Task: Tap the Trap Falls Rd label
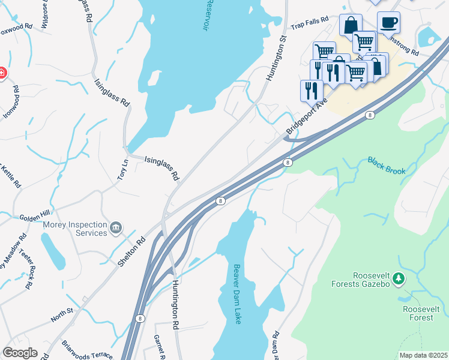pos(310,23)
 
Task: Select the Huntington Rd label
pos(176,305)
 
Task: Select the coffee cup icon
pos(388,22)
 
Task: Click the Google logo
pos(20,353)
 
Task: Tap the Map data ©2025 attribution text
pos(423,355)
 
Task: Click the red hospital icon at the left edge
pos(2,73)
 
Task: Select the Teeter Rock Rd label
pos(26,269)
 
